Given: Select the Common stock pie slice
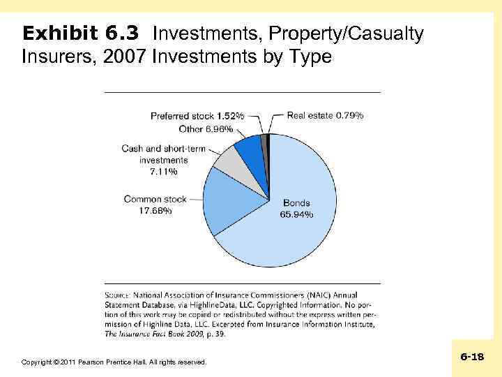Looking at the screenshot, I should point(234,199).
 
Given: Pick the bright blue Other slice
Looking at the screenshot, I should point(250,149).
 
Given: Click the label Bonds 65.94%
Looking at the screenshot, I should point(296,209).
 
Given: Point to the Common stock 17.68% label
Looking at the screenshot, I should point(155,205).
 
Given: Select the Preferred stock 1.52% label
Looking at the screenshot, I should point(197,116).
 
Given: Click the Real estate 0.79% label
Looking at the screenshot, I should point(326,115).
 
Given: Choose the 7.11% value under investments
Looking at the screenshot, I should point(164,171).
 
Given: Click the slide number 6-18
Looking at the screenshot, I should point(472,357).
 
